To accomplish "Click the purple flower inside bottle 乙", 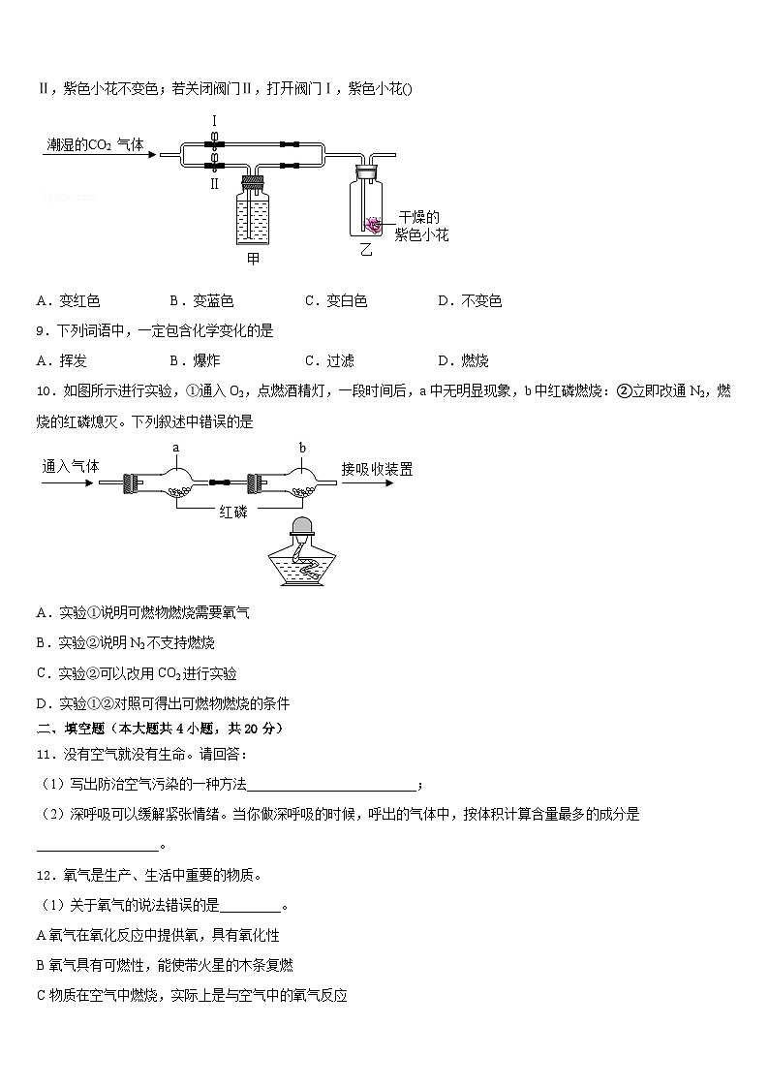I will (x=372, y=225).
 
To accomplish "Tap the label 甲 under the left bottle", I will (x=254, y=259).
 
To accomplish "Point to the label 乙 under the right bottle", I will (x=365, y=249).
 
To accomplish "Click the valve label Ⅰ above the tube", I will (x=215, y=121).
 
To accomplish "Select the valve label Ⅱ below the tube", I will (x=215, y=182).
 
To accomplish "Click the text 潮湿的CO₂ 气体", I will (x=95, y=144).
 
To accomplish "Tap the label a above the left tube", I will (x=176, y=448).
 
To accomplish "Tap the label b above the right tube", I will (x=302, y=448).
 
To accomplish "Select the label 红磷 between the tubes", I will (x=233, y=512).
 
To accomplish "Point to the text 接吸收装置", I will (x=377, y=469).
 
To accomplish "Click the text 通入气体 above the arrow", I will (x=71, y=466).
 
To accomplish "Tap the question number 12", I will (x=44, y=875).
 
